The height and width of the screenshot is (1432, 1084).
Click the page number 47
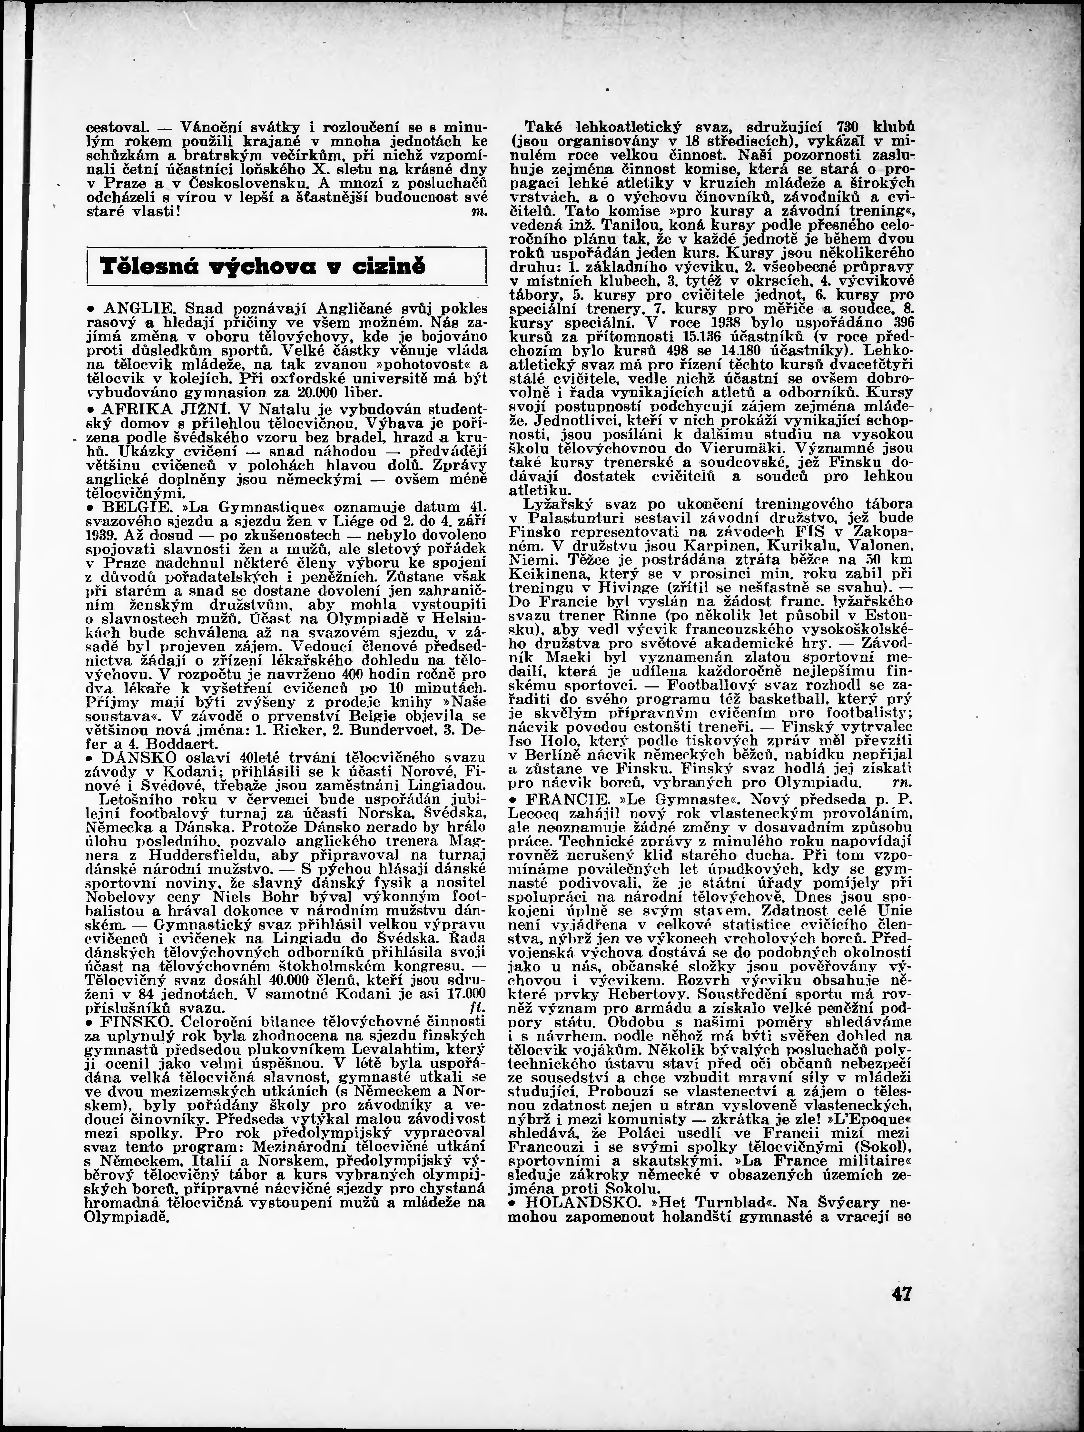click(x=901, y=1294)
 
